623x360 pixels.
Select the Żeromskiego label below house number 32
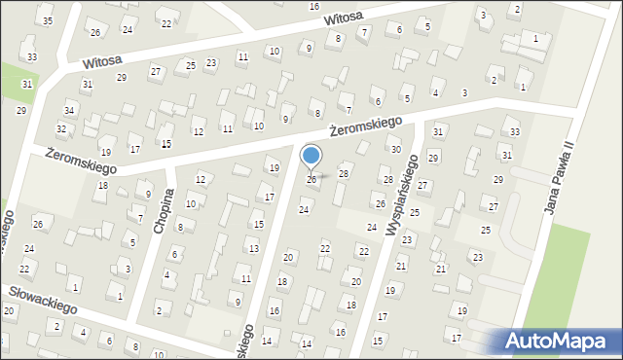[x=81, y=162]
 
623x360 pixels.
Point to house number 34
[x=69, y=111]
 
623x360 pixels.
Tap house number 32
[x=61, y=128]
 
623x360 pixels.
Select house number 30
[x=395, y=149]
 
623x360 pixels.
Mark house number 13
[x=253, y=249]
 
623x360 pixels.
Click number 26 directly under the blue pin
[x=311, y=180]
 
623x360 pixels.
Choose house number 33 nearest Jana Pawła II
[x=514, y=131]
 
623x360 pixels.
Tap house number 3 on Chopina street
[x=128, y=269]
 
